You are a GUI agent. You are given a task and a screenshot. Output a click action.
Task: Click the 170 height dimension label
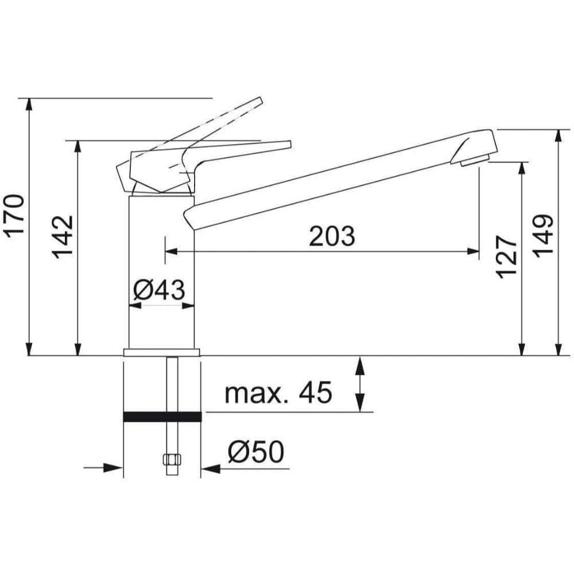[14, 216]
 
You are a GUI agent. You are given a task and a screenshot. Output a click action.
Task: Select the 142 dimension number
[62, 237]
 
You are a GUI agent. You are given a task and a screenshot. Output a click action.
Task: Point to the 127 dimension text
[506, 257]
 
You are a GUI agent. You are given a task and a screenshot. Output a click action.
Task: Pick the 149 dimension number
[542, 236]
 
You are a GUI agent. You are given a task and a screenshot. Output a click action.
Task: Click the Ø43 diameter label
[159, 290]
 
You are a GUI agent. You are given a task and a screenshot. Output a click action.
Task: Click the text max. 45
[278, 393]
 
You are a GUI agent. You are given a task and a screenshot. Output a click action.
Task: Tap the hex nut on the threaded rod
[172, 460]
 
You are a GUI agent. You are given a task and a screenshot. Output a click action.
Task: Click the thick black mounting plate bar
[162, 417]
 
